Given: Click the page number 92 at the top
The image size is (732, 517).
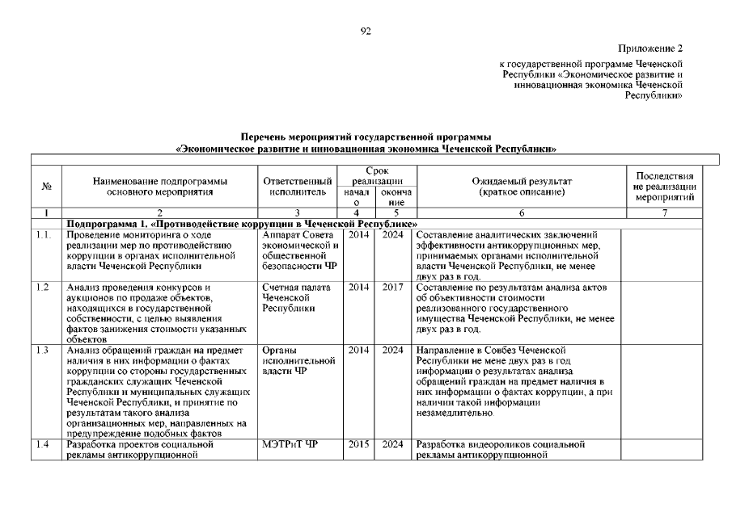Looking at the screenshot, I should (366, 31).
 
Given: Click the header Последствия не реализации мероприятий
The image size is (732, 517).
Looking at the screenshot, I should (666, 187).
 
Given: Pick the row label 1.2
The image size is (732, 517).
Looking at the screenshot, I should (44, 287).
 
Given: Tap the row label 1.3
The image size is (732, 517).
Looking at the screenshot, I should (44, 350).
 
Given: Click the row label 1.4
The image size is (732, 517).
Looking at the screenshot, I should (44, 444).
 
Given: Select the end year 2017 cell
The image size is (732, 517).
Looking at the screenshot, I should (393, 287).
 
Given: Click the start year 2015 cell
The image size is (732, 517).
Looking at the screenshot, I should (358, 444).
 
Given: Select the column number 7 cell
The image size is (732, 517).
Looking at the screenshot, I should (665, 212).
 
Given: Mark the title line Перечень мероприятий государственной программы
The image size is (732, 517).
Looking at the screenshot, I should (366, 138).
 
